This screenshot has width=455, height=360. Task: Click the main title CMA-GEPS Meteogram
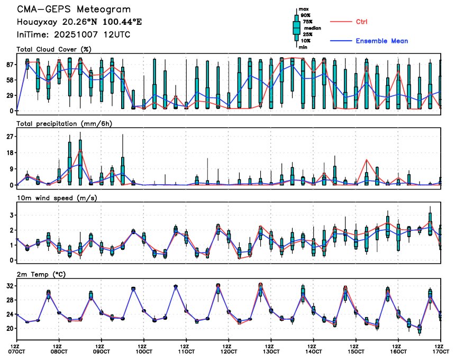74,10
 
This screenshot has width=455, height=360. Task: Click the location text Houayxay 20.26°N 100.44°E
79,22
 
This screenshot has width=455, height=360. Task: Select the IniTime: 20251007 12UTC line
74,34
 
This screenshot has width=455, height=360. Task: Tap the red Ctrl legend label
361,22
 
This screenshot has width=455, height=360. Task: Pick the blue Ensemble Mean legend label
381,41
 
